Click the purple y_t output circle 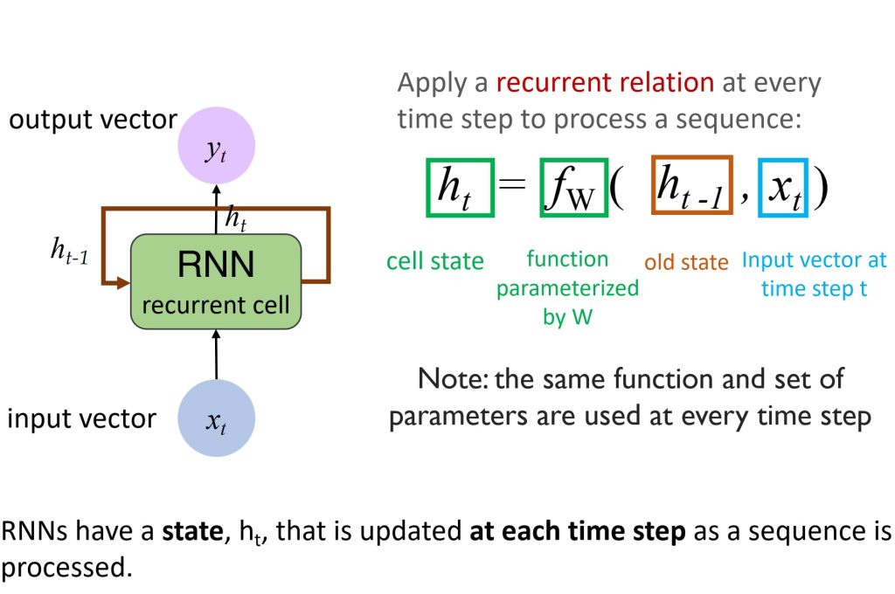point(217,146)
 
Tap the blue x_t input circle point(217,418)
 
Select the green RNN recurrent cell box point(216,281)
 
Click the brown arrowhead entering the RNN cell point(123,282)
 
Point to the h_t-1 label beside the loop point(70,252)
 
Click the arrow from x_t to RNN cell point(216,355)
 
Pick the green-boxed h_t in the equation point(460,188)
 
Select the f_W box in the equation point(573,188)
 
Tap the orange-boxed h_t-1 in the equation point(692,185)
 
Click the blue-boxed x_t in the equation point(783,188)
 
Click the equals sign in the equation point(512,183)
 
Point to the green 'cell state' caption point(435,261)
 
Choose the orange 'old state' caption point(687,262)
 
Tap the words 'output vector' point(93,120)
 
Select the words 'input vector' point(81,418)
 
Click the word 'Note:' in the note point(454,379)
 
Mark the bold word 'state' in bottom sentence point(193,531)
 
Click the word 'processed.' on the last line point(66,568)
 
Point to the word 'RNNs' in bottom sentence point(34,530)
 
